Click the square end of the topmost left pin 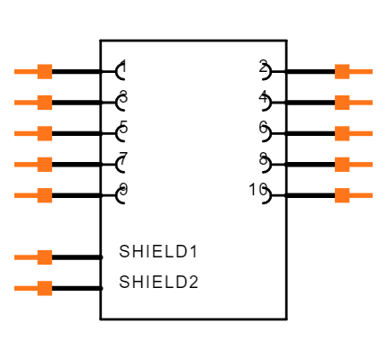pyautogui.click(x=44, y=71)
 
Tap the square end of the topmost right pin pyautogui.click(x=342, y=71)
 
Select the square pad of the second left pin pyautogui.click(x=44, y=103)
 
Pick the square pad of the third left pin pyautogui.click(x=44, y=133)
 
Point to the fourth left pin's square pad pyautogui.click(x=44, y=164)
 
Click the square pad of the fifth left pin pyautogui.click(x=44, y=195)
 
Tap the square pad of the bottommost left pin pyautogui.click(x=44, y=288)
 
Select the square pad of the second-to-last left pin pyautogui.click(x=44, y=257)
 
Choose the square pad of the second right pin pyautogui.click(x=342, y=103)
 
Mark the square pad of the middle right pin pyautogui.click(x=342, y=133)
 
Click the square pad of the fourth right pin pyautogui.click(x=342, y=164)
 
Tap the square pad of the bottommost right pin pyautogui.click(x=342, y=195)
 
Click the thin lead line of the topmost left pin pyautogui.click(x=24, y=71)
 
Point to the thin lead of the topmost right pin pyautogui.click(x=362, y=71)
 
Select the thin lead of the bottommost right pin pyautogui.click(x=362, y=195)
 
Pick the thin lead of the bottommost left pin pyautogui.click(x=24, y=288)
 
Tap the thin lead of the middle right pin pyautogui.click(x=362, y=133)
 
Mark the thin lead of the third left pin pyautogui.click(x=24, y=133)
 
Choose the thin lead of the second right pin pyautogui.click(x=362, y=103)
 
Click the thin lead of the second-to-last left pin pyautogui.click(x=24, y=257)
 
